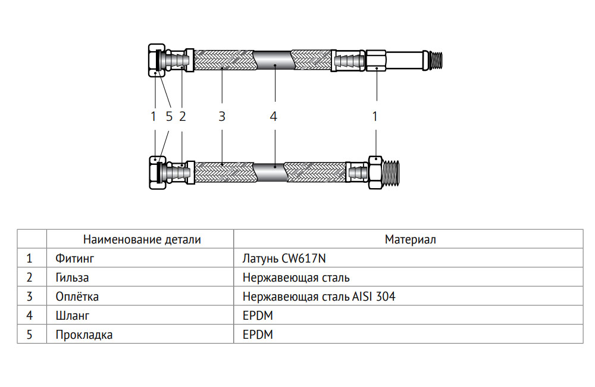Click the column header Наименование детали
(x=142, y=240)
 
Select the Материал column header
(x=410, y=240)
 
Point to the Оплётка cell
(x=77, y=297)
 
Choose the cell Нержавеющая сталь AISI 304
(x=318, y=297)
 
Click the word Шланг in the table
(x=72, y=316)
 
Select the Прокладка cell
(x=84, y=335)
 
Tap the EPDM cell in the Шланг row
(x=257, y=316)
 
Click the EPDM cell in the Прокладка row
(x=257, y=335)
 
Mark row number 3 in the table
(x=29, y=297)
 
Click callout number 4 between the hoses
(x=273, y=117)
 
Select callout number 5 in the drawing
(x=169, y=117)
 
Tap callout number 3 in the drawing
(x=221, y=117)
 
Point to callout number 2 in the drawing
(x=182, y=117)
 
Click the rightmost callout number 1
(x=375, y=117)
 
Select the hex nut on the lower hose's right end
(x=375, y=172)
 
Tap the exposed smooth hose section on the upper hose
(x=273, y=60)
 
